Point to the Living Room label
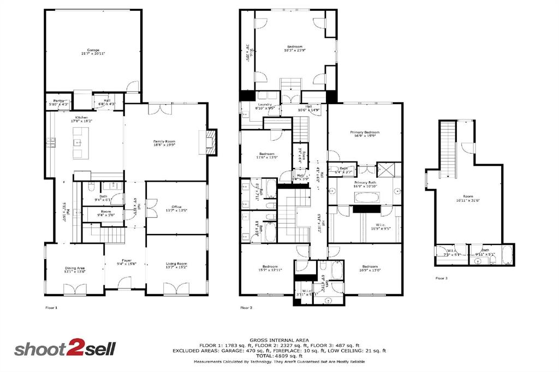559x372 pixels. pyautogui.click(x=176, y=266)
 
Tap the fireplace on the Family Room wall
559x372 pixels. pyautogui.click(x=211, y=142)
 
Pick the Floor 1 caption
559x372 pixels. pyautogui.click(x=51, y=308)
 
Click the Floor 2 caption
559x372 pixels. pyautogui.click(x=246, y=308)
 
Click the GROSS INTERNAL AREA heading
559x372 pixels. pyautogui.click(x=279, y=339)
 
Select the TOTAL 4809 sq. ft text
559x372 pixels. pyautogui.click(x=279, y=356)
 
